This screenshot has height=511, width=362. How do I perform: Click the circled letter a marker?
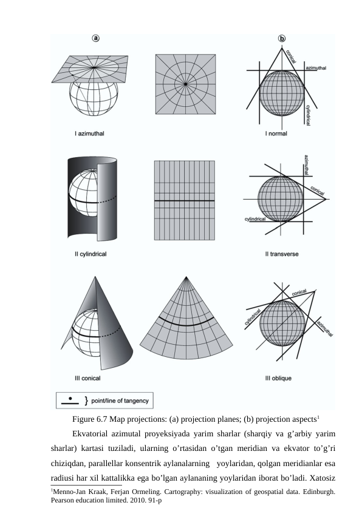pyautogui.click(x=96, y=38)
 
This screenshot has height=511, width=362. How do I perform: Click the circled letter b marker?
pyautogui.click(x=282, y=38)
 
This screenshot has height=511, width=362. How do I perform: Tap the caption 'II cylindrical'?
pyautogui.click(x=90, y=254)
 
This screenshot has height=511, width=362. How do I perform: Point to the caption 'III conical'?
pyautogui.click(x=87, y=377)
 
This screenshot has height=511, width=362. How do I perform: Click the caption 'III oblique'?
pyautogui.click(x=278, y=377)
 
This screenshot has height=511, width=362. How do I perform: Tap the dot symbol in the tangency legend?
pyautogui.click(x=70, y=398)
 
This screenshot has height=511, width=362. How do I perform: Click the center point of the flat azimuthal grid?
pyautogui.click(x=185, y=84)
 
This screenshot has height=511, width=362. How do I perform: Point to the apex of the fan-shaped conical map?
pyautogui.click(x=185, y=278)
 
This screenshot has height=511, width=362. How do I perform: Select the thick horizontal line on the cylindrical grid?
pyautogui.click(x=185, y=201)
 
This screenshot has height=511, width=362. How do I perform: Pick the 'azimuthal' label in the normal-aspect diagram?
pyautogui.click(x=316, y=69)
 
